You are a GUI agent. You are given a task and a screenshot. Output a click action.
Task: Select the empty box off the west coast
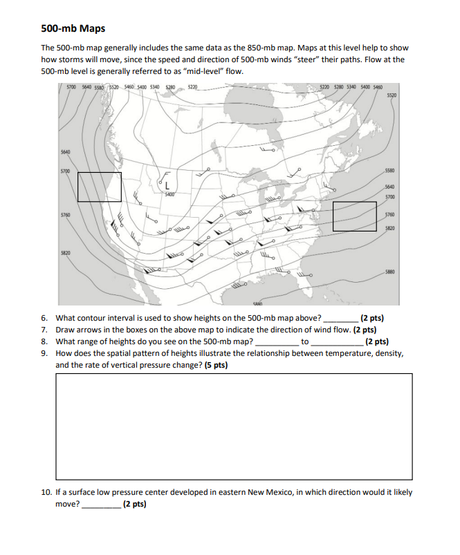pos(99,187)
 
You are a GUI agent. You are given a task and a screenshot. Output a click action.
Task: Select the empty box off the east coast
pos(354,216)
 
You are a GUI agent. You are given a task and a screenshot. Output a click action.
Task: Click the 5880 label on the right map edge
pos(391,273)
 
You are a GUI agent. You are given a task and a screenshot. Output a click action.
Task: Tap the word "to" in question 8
pos(304,341)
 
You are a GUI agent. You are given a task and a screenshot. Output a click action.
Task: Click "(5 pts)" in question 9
pos(215,364)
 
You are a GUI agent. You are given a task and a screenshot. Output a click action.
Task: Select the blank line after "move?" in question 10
pos(101,505)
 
